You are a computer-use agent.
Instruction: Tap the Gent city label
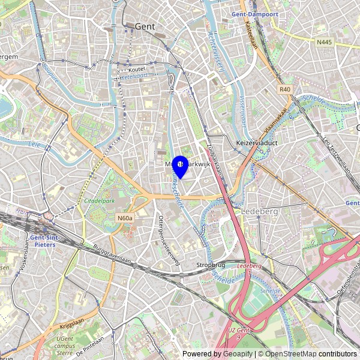[145, 26]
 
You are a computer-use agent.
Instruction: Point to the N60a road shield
[125, 218]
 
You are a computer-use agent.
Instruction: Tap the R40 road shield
[285, 89]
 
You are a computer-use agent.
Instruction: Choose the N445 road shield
[324, 42]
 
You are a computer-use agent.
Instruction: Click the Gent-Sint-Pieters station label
[43, 241]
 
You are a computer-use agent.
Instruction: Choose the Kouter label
[137, 69]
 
